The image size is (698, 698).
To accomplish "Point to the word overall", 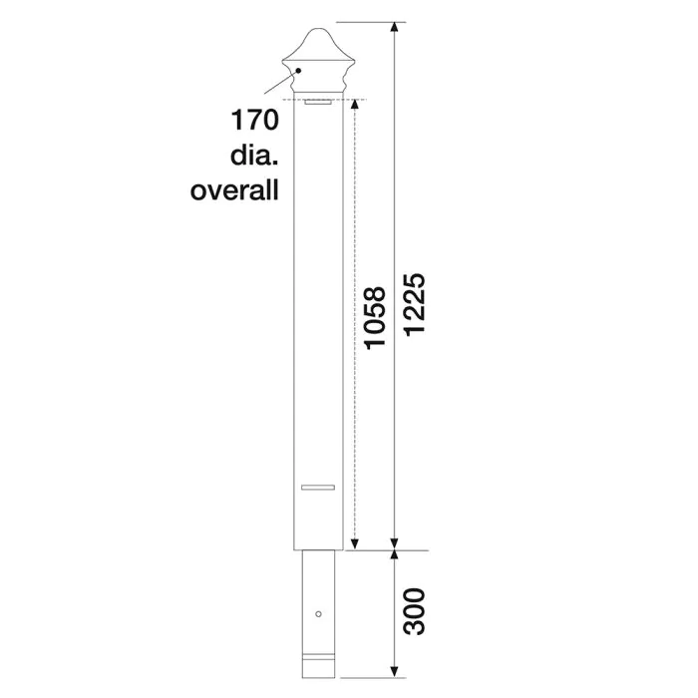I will tap(234, 189).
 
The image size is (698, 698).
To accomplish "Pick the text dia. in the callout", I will tap(250, 157).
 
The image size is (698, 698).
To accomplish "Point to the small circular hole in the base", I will tap(318, 612).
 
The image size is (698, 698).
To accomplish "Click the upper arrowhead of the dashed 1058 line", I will tap(355, 107).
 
